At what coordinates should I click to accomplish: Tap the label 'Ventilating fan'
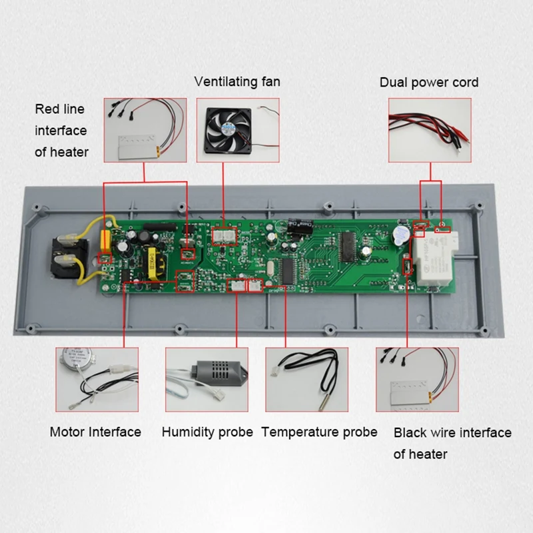[x=237, y=82]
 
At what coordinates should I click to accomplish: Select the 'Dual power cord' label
[x=429, y=83]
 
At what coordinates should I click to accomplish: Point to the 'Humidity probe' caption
[x=207, y=432]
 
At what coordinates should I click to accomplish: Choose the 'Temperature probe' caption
[x=319, y=432]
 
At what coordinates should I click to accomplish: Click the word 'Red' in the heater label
[x=47, y=109]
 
